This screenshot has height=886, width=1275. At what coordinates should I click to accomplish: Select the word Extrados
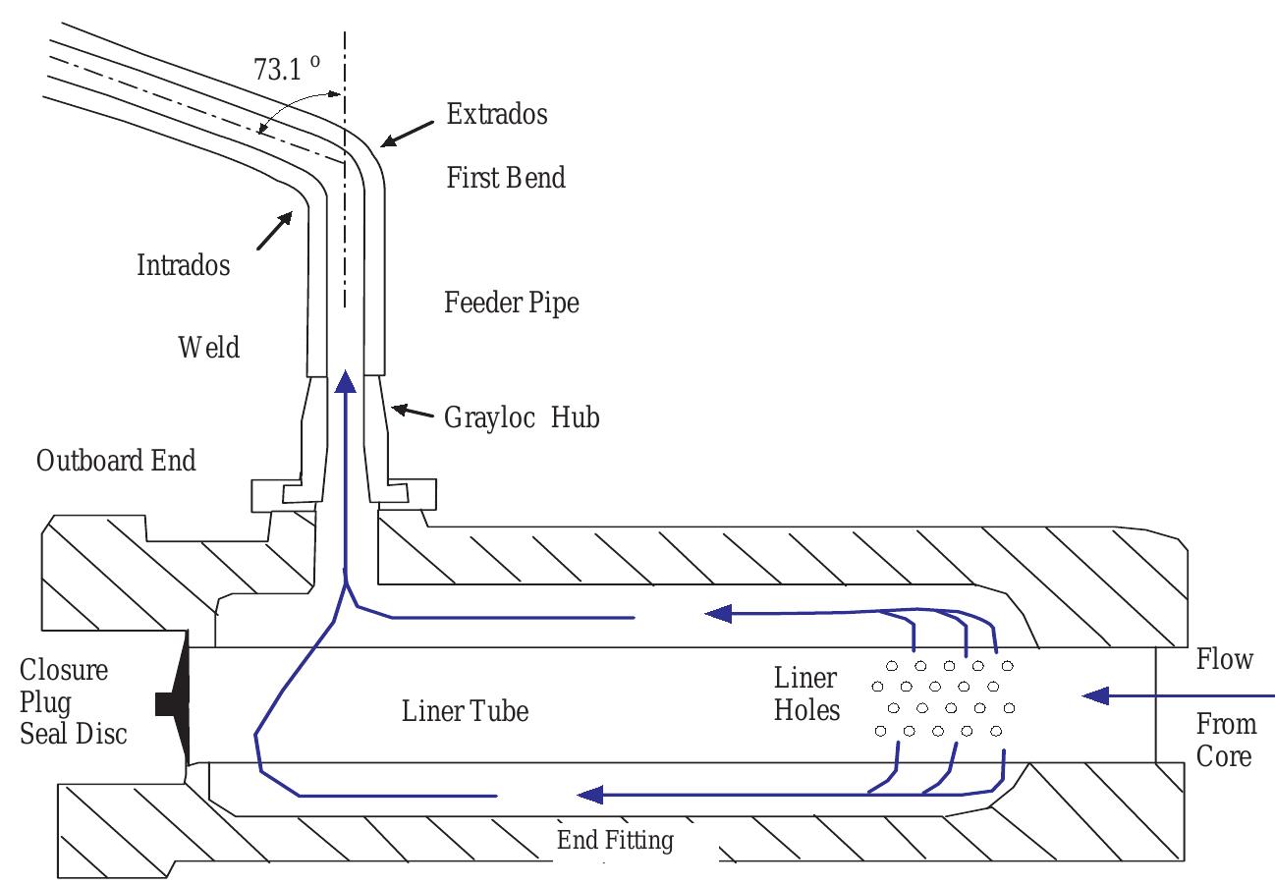(496, 114)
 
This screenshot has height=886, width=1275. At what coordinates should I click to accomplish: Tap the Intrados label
(183, 264)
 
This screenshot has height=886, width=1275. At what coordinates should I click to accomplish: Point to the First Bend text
(506, 178)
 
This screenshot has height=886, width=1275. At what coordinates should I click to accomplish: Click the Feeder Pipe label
(512, 303)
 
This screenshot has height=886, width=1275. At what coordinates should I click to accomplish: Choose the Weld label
(209, 347)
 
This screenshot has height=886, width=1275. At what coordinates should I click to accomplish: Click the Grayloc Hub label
(523, 417)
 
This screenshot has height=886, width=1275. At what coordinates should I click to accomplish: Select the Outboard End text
(116, 460)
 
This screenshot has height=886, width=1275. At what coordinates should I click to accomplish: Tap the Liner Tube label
(465, 710)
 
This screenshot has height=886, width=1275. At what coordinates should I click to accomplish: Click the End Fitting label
(615, 841)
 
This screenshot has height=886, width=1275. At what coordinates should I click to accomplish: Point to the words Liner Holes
(806, 693)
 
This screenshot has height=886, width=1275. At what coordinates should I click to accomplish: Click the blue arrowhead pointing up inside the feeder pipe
(345, 381)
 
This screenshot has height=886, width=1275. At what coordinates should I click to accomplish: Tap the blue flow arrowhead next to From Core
(1098, 695)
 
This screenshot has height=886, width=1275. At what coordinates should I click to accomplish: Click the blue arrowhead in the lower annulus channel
(589, 794)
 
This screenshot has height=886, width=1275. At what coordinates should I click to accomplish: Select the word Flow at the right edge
(1224, 659)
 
